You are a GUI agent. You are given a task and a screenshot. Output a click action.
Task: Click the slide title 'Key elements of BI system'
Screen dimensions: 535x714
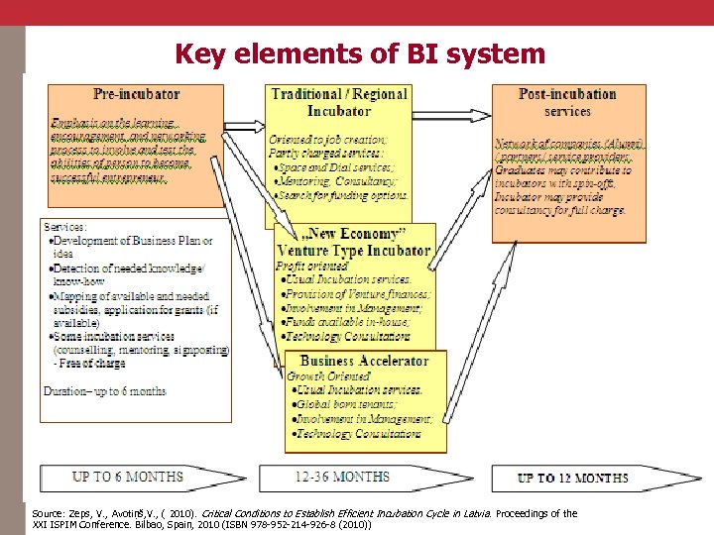point(360,53)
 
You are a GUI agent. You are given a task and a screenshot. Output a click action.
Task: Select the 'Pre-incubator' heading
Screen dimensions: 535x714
point(137,94)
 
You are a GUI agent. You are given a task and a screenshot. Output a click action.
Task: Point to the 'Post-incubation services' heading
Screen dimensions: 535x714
point(567,102)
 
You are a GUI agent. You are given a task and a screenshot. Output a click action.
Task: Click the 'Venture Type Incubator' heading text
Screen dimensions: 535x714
point(354,251)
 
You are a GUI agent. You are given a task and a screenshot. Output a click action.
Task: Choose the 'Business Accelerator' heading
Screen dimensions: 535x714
point(364,361)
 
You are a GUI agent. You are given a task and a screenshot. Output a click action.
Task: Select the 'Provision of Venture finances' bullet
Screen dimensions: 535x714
point(358,294)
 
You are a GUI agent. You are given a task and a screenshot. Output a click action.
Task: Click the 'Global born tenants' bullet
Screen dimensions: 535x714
point(344,404)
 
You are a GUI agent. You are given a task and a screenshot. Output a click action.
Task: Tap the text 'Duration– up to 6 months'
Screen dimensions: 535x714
point(105,390)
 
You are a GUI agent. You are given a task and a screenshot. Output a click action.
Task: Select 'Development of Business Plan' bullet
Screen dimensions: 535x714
point(133,241)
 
